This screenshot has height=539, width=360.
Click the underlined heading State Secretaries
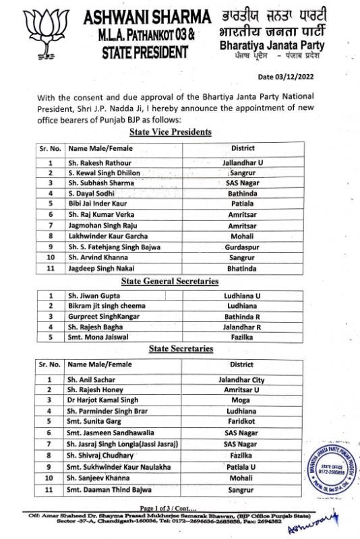(180, 348)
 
